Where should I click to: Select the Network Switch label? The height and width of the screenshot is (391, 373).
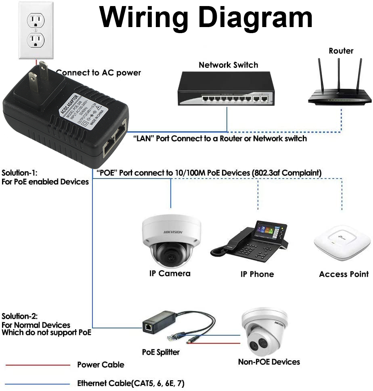[228, 65]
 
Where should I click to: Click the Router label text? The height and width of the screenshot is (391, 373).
[341, 51]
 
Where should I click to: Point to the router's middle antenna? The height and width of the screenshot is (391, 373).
[338, 75]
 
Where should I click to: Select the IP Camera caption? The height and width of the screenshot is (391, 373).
[170, 273]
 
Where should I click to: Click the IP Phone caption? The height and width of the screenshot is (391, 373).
[257, 274]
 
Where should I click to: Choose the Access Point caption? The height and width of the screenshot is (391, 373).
[344, 274]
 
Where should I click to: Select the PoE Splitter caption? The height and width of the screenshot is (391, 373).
[161, 352]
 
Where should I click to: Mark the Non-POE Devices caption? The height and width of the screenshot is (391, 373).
[269, 362]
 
